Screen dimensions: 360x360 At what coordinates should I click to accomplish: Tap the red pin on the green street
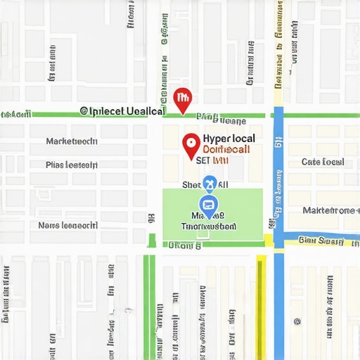tap(182, 99)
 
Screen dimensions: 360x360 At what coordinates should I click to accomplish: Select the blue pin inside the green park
tap(208, 206)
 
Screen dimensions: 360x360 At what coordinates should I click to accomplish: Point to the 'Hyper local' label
tap(229, 139)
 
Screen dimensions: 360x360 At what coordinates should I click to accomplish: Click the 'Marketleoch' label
tap(71, 141)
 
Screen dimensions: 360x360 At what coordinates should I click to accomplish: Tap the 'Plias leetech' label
tap(71, 166)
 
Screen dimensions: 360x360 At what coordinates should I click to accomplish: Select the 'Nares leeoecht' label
tap(68, 226)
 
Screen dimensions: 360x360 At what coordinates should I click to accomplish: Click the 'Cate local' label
tap(323, 162)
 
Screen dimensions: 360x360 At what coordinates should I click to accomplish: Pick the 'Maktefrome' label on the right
tap(328, 210)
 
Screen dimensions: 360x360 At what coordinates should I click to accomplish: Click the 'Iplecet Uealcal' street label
tap(122, 110)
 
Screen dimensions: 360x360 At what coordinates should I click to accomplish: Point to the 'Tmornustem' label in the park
tap(209, 227)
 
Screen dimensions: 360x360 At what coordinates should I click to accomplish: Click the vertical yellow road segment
tap(262, 302)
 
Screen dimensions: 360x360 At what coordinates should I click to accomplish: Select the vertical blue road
tap(278, 176)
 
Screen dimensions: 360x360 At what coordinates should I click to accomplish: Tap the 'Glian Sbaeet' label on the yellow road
tap(320, 240)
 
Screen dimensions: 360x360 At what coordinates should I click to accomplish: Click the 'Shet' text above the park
tap(191, 184)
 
